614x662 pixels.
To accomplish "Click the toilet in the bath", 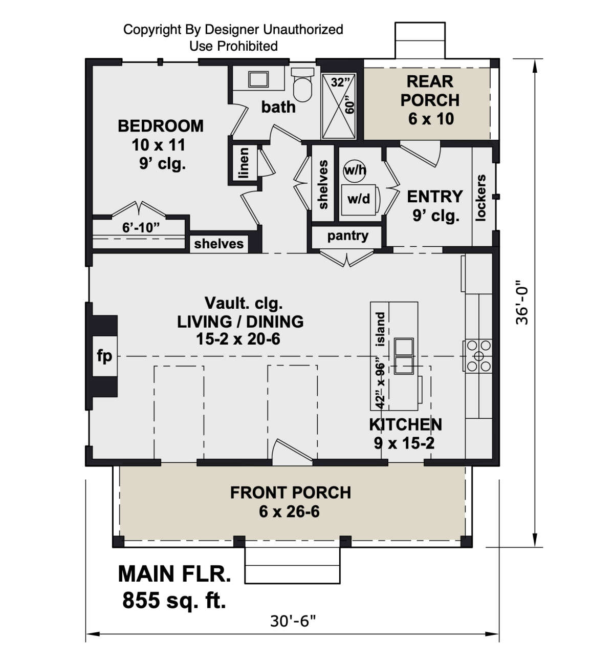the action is click(302, 85).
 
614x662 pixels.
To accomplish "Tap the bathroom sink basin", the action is click(258, 79).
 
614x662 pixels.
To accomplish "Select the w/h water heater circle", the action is click(355, 170).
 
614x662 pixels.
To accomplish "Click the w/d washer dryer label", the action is click(359, 199).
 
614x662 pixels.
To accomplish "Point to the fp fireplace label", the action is click(104, 356).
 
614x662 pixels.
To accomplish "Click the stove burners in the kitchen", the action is click(478, 356).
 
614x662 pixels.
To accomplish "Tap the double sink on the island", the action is click(404, 356).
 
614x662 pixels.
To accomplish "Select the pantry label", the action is click(348, 236).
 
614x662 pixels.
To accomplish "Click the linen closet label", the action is click(244, 163).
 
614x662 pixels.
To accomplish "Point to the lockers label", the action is click(480, 197).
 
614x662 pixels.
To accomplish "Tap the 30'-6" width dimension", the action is click(293, 621).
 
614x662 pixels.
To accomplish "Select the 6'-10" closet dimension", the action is click(141, 228).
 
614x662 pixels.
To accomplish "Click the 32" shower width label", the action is click(340, 82).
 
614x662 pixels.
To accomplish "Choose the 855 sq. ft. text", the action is click(174, 600).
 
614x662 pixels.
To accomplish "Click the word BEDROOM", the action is click(161, 126).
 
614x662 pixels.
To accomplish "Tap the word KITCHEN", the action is click(405, 424).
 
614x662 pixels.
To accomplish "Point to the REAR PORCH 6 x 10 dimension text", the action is click(431, 119).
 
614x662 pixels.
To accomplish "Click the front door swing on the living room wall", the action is click(292, 452).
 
